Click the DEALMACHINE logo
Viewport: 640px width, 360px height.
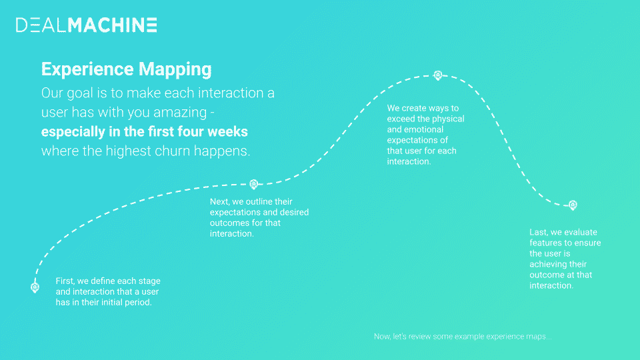pyautogui.click(x=87, y=25)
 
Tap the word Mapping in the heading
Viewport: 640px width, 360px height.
pyautogui.click(x=175, y=69)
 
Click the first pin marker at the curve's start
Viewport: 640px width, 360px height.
pyautogui.click(x=35, y=288)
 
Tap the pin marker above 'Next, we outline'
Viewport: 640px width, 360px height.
pyautogui.click(x=254, y=185)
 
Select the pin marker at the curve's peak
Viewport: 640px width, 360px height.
pyautogui.click(x=438, y=75)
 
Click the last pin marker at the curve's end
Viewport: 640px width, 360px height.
pyautogui.click(x=573, y=205)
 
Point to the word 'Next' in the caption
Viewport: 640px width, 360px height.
pyautogui.click(x=219, y=201)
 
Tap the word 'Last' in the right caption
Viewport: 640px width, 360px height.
pyautogui.click(x=539, y=232)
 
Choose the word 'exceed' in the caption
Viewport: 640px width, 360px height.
pyautogui.click(x=399, y=119)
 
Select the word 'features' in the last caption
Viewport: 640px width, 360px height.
pyautogui.click(x=544, y=243)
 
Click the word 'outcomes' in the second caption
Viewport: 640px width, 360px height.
pyautogui.click(x=225, y=223)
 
